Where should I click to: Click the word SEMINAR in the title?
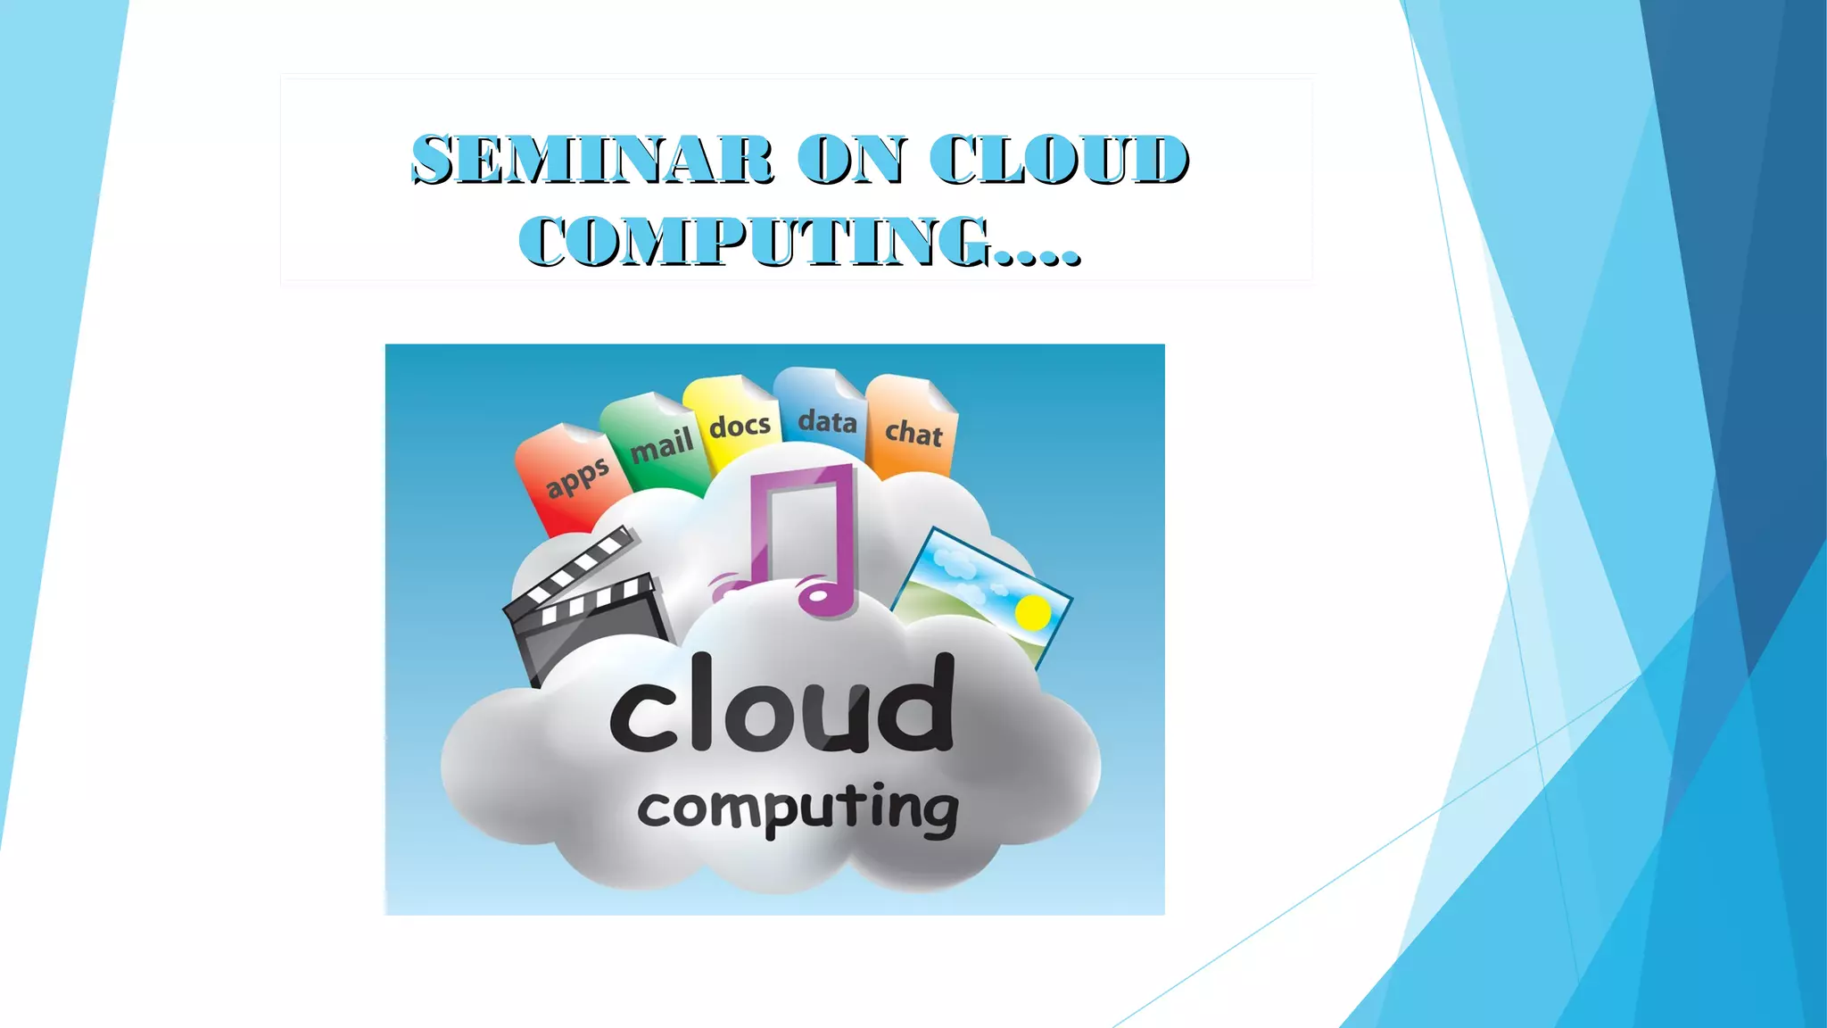click(592, 161)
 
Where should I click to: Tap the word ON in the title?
click(851, 161)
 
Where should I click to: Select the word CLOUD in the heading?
click(1058, 161)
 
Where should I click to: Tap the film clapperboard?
click(584, 607)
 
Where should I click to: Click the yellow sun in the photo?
click(1032, 612)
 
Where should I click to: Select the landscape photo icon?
click(981, 589)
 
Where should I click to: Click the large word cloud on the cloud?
click(781, 705)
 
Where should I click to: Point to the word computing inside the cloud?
click(797, 808)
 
